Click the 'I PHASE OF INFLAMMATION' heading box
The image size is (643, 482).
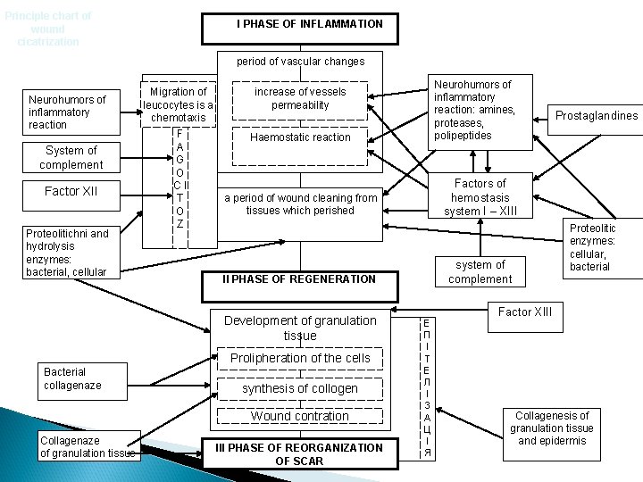[x=309, y=24]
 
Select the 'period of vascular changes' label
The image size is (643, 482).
[x=300, y=62]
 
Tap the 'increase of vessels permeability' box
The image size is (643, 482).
[x=300, y=98]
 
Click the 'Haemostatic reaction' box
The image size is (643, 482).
[x=300, y=137]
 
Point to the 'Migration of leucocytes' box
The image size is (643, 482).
[x=179, y=104]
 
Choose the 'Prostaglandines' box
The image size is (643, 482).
[x=597, y=116]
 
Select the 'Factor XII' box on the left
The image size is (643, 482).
[x=71, y=192]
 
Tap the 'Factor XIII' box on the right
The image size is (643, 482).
[x=525, y=312]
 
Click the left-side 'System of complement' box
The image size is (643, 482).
[x=71, y=157]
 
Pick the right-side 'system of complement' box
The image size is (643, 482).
[x=480, y=271]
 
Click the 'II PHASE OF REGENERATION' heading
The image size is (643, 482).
[x=299, y=278]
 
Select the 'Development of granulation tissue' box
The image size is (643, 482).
[x=300, y=328]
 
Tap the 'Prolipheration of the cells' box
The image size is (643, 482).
[x=300, y=358]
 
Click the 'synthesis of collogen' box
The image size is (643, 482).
[x=300, y=388]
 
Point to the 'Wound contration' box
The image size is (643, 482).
[x=300, y=416]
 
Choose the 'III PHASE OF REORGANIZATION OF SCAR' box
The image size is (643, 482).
[x=300, y=453]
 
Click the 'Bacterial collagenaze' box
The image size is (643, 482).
[x=73, y=378]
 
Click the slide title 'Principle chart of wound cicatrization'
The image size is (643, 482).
[x=48, y=29]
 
